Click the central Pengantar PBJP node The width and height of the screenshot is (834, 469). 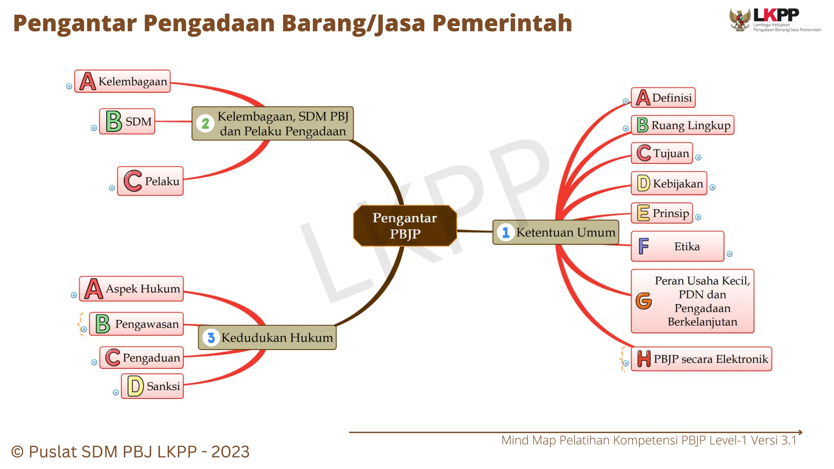(x=405, y=226)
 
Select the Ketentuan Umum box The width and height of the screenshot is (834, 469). (x=555, y=232)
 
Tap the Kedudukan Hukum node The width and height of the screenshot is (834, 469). (x=267, y=338)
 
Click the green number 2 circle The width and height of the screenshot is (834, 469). (x=206, y=123)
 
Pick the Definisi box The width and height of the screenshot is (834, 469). (x=663, y=98)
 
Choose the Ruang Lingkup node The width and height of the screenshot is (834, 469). (x=683, y=125)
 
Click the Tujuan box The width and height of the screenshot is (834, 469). (x=662, y=153)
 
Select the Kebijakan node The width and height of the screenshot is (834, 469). (x=669, y=183)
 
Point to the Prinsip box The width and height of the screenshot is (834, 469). (x=662, y=213)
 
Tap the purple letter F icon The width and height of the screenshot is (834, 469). (x=643, y=246)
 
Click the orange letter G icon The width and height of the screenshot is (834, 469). (x=643, y=301)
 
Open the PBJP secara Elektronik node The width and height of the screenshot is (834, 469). (x=701, y=359)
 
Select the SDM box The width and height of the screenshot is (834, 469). (x=127, y=121)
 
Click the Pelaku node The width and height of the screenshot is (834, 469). (x=150, y=181)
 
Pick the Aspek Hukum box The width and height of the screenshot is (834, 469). (x=132, y=289)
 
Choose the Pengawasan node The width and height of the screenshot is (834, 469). (x=136, y=324)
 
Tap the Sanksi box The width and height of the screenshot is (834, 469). (x=152, y=386)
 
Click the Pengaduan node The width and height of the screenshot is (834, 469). (x=142, y=357)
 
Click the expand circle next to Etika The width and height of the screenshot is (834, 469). (x=729, y=254)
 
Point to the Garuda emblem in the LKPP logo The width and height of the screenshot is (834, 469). (x=740, y=20)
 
